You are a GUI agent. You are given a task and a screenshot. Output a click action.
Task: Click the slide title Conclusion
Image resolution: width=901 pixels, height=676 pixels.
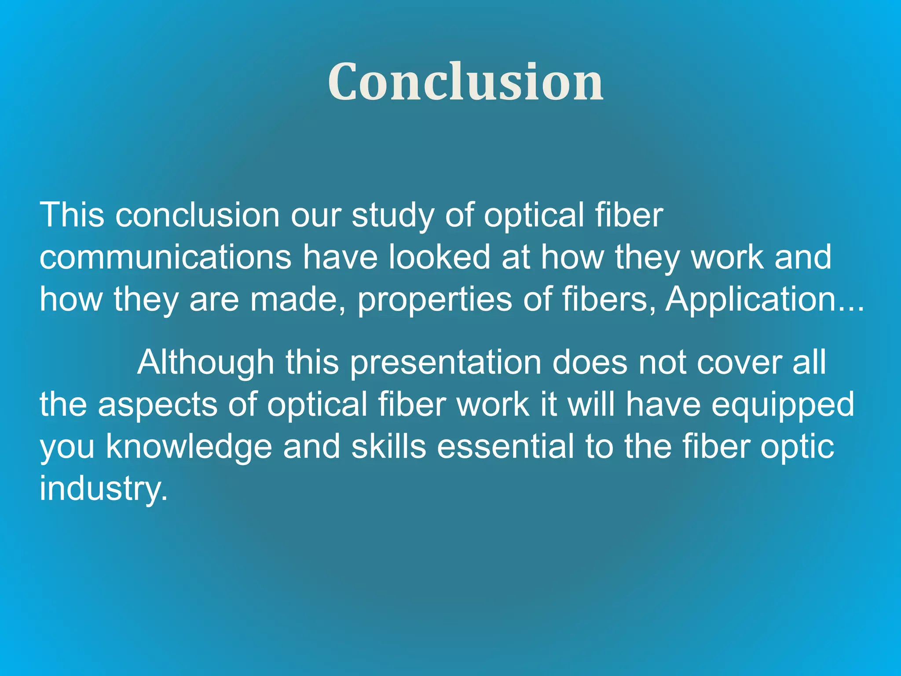click(465, 82)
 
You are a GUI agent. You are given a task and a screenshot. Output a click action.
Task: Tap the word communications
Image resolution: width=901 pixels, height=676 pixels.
click(165, 257)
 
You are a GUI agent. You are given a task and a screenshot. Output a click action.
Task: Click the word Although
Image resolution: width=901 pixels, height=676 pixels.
click(205, 363)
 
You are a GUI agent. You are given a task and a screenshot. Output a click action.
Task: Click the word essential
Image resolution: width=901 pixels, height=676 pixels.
click(505, 446)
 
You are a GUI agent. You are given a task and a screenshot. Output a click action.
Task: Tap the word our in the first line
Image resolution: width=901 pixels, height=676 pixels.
click(316, 216)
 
